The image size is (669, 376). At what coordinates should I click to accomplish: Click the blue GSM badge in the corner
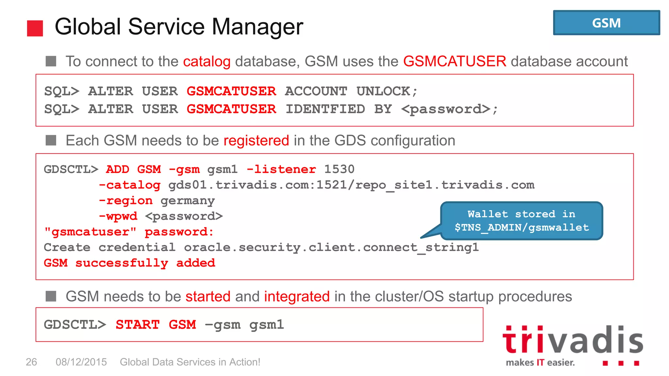[606, 23]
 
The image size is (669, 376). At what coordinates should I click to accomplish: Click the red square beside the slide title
[35, 28]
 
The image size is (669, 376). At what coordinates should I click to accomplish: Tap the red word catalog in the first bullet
[207, 62]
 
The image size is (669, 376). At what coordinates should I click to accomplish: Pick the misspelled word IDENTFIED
[325, 109]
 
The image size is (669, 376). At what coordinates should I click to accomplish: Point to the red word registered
[256, 141]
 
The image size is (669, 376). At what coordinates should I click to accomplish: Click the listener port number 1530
[339, 169]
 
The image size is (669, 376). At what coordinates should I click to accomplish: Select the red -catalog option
[130, 185]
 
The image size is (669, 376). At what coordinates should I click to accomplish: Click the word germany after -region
[188, 201]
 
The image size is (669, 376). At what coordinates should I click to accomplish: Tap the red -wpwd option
[118, 216]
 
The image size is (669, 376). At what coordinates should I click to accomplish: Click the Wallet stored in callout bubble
[521, 221]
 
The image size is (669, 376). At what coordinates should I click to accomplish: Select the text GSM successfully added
[129, 263]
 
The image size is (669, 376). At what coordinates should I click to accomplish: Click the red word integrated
[297, 297]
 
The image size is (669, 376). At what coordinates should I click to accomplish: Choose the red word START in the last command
[138, 325]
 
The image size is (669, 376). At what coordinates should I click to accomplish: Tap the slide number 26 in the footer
[31, 362]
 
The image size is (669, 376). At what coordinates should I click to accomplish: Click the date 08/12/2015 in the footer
[81, 362]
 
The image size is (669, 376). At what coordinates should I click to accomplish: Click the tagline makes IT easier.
[540, 363]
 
